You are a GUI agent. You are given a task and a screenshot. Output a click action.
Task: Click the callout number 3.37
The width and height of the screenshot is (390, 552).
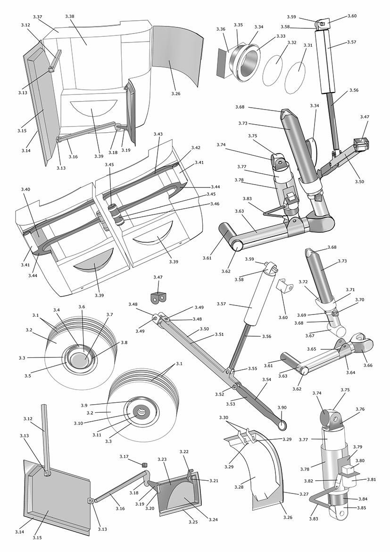pyautogui.click(x=38, y=17)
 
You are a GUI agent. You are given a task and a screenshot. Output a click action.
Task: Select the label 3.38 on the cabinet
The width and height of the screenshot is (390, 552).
pyautogui.click(x=69, y=16)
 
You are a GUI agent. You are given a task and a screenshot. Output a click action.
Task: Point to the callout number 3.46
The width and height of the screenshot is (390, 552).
pyautogui.click(x=215, y=204)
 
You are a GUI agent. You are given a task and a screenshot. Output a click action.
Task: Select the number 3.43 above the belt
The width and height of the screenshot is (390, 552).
pyautogui.click(x=158, y=135)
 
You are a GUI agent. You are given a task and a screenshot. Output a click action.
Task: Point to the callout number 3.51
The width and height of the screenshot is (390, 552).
pyautogui.click(x=205, y=334)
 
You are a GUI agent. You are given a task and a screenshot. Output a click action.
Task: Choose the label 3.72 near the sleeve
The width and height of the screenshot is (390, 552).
pyautogui.click(x=303, y=281)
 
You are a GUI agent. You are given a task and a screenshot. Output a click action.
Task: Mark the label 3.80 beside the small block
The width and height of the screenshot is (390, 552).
pyautogui.click(x=359, y=461)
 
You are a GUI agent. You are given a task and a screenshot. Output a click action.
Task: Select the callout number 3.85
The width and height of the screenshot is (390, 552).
pyautogui.click(x=361, y=508)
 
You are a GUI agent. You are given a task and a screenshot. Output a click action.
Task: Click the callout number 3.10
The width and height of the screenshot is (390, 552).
pyautogui.click(x=79, y=423)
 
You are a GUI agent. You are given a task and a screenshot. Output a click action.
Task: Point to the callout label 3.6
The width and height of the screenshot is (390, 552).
pyautogui.click(x=82, y=307)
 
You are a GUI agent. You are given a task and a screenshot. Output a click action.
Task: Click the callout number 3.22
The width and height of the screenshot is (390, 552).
pyautogui.click(x=184, y=452)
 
